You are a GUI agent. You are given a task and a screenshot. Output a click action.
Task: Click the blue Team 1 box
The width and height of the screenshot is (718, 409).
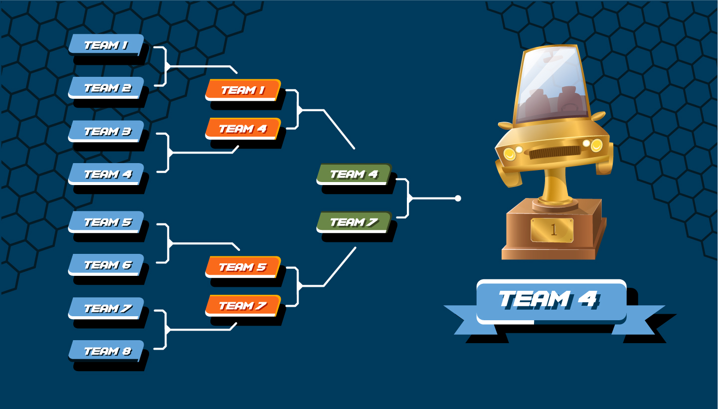point(106,44)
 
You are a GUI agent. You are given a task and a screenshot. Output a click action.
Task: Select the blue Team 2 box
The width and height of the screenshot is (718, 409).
point(106,88)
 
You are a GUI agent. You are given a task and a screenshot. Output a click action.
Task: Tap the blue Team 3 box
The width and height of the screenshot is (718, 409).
point(106,131)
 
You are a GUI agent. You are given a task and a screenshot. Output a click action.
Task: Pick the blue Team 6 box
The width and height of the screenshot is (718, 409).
point(106,265)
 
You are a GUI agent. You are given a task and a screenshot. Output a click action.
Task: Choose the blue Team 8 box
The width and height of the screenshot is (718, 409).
point(106,351)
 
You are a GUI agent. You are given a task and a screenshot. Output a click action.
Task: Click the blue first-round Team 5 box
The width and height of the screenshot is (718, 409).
point(106,222)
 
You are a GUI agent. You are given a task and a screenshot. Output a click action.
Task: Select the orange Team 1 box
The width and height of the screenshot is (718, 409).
point(243,90)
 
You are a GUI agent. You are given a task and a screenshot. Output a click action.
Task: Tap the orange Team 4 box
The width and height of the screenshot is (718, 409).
point(243,129)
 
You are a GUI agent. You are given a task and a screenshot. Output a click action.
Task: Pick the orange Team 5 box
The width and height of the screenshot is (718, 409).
point(243,267)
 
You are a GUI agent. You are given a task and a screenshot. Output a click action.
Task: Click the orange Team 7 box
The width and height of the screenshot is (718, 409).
point(243,305)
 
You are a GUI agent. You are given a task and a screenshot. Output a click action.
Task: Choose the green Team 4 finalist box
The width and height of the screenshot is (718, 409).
point(354,174)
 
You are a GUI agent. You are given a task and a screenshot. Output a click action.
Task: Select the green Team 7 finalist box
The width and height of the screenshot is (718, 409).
point(354,222)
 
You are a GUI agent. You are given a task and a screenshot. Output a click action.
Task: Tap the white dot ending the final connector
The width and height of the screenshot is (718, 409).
point(458,199)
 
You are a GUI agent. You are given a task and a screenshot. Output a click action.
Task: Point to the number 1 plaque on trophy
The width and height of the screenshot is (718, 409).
point(552,229)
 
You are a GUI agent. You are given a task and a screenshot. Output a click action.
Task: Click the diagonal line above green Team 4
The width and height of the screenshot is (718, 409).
point(339,129)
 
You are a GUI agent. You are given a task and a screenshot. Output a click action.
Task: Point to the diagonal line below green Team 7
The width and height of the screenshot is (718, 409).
point(340,267)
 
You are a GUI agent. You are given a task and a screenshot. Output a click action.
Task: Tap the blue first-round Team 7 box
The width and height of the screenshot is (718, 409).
point(106,308)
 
